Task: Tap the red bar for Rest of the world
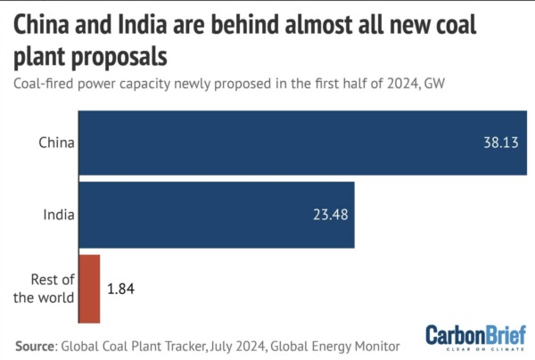point(89,289)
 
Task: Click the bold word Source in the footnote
point(38,344)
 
